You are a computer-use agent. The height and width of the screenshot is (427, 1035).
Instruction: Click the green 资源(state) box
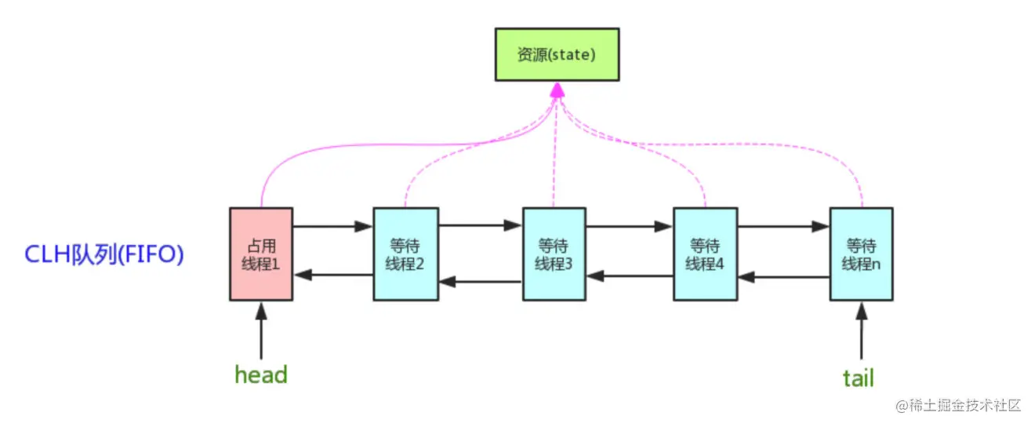(557, 54)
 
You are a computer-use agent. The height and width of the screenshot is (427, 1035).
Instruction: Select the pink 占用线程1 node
(260, 254)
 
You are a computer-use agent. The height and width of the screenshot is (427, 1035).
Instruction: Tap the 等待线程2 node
(405, 254)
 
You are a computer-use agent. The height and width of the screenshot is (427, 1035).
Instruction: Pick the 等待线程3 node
(554, 254)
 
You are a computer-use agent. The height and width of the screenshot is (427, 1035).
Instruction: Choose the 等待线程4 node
(705, 254)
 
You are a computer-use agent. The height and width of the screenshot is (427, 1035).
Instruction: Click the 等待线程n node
(861, 254)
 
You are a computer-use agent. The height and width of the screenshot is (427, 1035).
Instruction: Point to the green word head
(261, 374)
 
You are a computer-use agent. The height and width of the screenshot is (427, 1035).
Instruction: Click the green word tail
(858, 378)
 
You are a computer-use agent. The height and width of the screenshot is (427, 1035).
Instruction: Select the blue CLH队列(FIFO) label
(104, 255)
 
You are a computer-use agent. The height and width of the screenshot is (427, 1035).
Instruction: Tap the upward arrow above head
(261, 330)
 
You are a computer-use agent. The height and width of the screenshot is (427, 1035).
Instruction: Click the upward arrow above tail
(861, 330)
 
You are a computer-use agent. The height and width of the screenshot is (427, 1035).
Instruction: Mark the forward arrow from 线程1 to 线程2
(332, 227)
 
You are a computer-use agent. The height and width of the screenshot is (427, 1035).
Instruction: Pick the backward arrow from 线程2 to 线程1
(332, 275)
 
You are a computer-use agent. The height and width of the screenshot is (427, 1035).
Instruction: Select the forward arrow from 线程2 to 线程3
(479, 227)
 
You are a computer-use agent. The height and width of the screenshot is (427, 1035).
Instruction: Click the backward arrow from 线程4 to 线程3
(630, 275)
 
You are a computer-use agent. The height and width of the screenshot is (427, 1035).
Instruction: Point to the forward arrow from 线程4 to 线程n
(783, 227)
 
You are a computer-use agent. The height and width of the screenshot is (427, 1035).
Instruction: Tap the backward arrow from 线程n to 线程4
(783, 275)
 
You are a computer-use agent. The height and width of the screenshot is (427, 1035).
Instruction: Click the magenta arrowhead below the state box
(557, 91)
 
